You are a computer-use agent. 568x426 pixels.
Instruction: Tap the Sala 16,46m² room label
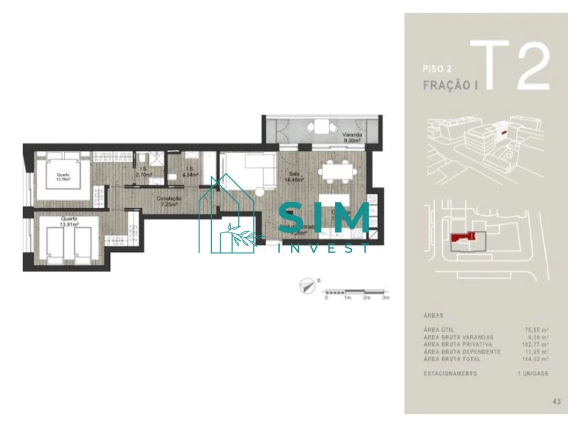(292, 176)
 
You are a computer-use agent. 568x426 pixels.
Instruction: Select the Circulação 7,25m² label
(169, 201)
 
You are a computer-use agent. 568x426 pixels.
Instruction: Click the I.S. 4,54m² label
(189, 172)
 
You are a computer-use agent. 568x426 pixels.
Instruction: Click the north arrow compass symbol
(308, 286)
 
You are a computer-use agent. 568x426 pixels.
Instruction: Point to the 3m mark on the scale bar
(386, 298)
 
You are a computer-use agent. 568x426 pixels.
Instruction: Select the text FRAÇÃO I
(450, 85)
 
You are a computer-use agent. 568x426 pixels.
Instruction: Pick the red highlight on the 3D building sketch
(505, 134)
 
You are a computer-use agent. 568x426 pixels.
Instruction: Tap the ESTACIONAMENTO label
(450, 373)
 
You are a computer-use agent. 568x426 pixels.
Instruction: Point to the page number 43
(556, 401)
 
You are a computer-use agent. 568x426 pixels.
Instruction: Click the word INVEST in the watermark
(324, 248)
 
